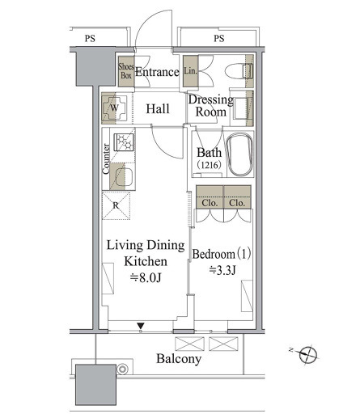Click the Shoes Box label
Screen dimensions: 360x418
[x=126, y=71]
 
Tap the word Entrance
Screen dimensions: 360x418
[x=157, y=72]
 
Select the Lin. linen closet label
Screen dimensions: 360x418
[x=191, y=71]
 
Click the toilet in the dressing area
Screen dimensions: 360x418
[x=239, y=71]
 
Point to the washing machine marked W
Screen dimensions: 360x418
[x=114, y=108]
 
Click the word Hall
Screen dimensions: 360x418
[x=158, y=109]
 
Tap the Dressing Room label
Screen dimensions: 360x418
[x=210, y=106]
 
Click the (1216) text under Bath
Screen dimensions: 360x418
[x=210, y=164]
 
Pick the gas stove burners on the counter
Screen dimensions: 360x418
[x=124, y=142]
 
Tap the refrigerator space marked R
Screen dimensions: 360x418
[x=116, y=205]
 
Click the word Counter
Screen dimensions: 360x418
[x=106, y=158]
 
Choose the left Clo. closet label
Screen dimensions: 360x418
[x=210, y=203]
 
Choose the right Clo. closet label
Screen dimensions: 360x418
[x=237, y=203]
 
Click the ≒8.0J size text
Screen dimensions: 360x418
[x=146, y=277]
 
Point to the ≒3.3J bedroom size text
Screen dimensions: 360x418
[x=222, y=270]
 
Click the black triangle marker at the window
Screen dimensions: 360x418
[x=141, y=326]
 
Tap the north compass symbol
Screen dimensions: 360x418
[x=307, y=355]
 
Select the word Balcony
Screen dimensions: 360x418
[x=179, y=359]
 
